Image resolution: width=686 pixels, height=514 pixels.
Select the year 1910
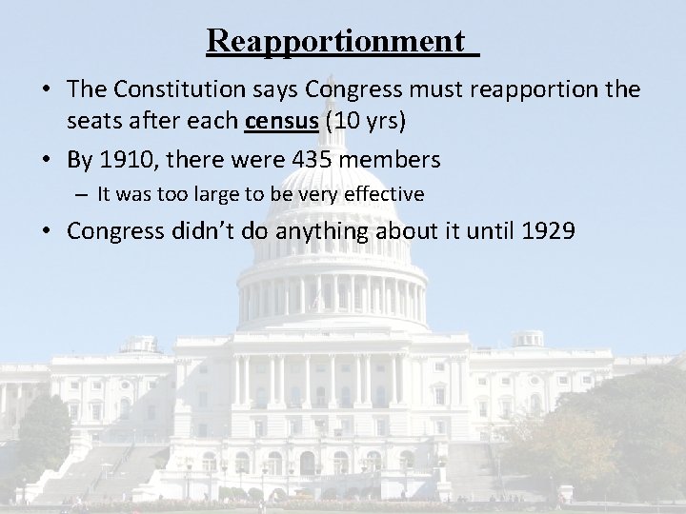pyautogui.click(x=122, y=158)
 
